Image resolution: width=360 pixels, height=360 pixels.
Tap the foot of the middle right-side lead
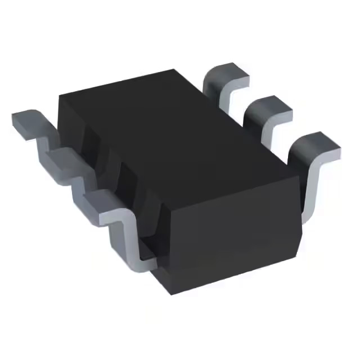(x=270, y=107)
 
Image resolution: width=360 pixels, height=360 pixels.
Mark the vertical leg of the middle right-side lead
(x=265, y=135)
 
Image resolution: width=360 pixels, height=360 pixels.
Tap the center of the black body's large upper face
(x=174, y=129)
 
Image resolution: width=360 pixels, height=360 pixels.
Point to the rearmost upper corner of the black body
(x=174, y=70)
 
